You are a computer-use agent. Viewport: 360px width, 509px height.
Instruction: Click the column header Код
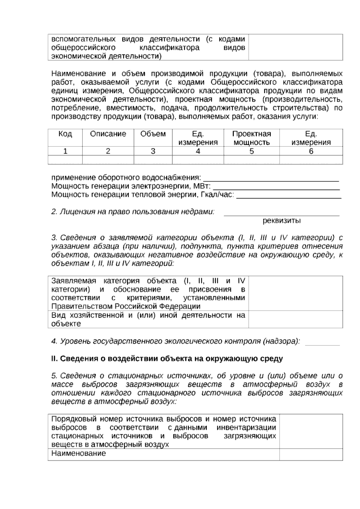pos(65,134)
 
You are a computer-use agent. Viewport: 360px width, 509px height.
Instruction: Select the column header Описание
pos(108,134)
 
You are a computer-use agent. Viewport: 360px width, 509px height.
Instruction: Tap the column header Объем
pos(153,134)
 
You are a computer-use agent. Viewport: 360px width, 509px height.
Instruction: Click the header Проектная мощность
pos(251,138)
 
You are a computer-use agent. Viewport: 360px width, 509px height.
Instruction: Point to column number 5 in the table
pos(251,151)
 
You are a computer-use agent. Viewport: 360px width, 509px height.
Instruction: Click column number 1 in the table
pos(65,151)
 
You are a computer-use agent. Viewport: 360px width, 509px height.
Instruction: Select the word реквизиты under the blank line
pos(282,221)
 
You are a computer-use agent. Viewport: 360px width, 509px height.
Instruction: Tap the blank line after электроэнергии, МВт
pos(276,188)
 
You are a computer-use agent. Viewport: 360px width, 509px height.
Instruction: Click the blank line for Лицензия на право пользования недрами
pos(282,214)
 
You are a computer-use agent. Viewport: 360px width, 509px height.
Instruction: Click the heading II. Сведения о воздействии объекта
pos(167,359)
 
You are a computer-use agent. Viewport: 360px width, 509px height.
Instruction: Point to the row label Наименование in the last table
pos(79,453)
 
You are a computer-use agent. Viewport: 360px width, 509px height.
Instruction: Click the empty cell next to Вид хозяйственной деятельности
pos(295,319)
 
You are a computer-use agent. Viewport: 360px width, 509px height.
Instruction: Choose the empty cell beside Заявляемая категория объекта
pos(295,294)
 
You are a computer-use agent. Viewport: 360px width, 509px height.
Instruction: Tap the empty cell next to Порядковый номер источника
pos(311,432)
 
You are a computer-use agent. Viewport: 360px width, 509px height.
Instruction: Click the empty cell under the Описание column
pos(108,160)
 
